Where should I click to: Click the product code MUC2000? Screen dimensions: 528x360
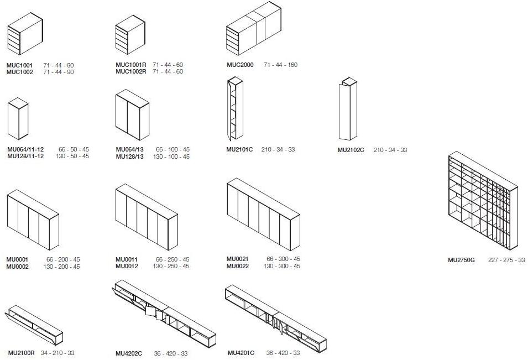240,65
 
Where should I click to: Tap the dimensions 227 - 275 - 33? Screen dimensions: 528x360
506,260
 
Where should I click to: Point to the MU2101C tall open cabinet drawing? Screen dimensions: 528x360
235,109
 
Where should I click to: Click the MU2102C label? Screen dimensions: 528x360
351,150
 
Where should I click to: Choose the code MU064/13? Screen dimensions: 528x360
129,149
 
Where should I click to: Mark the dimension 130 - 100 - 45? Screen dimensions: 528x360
171,156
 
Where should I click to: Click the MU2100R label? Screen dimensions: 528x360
21,353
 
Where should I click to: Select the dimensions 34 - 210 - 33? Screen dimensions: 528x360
57,353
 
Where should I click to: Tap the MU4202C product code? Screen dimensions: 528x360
129,353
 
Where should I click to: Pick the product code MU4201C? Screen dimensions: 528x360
241,353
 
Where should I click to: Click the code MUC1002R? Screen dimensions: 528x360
131,71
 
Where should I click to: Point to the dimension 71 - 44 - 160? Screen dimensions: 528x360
280,65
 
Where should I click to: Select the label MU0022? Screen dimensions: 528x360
238,266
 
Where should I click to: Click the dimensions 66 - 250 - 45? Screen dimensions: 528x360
172,259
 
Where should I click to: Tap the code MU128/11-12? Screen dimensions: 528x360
25,156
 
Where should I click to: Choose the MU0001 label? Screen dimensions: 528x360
17,259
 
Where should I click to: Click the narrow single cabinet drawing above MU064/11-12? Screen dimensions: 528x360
18,118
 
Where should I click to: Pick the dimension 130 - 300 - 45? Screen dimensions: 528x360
282,266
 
